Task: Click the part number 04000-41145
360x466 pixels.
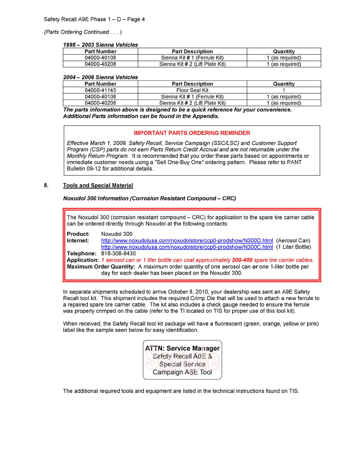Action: tap(100, 90)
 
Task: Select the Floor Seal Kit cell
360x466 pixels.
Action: tap(192, 90)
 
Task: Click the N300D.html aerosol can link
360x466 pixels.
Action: tap(187, 240)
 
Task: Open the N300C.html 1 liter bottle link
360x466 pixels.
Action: tap(187, 247)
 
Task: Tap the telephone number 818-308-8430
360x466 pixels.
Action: tap(118, 253)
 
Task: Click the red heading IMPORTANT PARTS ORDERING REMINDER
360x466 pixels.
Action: tap(192, 133)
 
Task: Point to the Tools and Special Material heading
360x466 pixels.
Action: tap(98, 186)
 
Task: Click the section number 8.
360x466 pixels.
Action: tap(46, 186)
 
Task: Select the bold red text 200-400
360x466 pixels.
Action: tap(242, 260)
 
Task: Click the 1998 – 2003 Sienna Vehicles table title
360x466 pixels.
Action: tap(100, 45)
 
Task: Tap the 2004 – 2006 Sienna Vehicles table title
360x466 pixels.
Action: tap(100, 77)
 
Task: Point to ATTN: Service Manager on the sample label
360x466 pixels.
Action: tap(182, 348)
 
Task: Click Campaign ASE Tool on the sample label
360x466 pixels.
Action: tap(182, 372)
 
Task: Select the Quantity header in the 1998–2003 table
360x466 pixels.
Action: tap(284, 51)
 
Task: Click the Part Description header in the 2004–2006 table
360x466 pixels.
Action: tap(192, 84)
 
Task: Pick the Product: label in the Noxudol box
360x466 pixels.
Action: tap(78, 234)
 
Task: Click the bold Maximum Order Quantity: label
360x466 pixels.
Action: tap(101, 267)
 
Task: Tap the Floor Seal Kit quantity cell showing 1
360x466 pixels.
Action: tap(284, 90)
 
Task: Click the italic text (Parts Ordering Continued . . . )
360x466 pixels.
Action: tap(83, 32)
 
